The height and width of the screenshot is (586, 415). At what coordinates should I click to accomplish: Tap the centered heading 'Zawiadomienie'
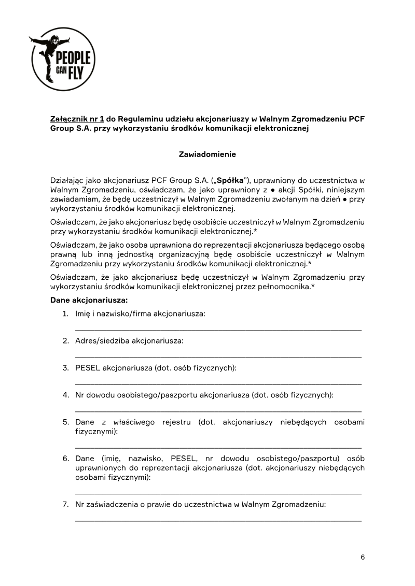(208, 154)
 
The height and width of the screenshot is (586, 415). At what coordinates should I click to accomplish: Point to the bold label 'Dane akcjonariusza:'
(89, 300)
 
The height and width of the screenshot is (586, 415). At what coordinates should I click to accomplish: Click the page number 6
(363, 557)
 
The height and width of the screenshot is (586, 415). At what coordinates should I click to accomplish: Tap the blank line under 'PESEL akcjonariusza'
(218, 383)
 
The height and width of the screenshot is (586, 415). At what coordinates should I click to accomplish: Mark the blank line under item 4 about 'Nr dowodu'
(218, 410)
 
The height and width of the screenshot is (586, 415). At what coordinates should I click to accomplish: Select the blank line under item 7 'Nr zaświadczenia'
(218, 519)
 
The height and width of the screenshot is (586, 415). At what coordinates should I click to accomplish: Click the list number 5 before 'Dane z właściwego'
(66, 422)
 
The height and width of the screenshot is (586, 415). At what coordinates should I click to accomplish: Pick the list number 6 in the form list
(66, 459)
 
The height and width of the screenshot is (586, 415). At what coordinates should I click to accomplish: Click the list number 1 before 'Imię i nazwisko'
(66, 314)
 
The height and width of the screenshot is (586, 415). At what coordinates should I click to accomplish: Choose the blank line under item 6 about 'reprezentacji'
(218, 492)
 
